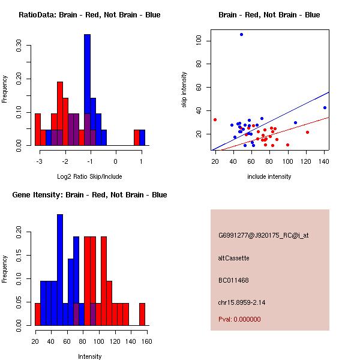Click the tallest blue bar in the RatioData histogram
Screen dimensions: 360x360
click(x=87, y=90)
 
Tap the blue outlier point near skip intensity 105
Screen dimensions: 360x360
click(x=241, y=35)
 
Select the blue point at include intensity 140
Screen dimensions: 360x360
click(x=325, y=107)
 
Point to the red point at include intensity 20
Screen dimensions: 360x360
click(x=215, y=119)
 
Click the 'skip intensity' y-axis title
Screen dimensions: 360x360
click(x=184, y=90)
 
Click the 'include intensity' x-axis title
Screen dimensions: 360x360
click(x=269, y=176)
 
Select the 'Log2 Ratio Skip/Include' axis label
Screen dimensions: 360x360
click(x=89, y=176)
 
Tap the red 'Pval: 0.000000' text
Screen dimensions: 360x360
click(x=239, y=319)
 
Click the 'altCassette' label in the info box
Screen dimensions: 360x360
click(x=233, y=258)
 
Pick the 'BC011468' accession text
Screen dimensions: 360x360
click(x=233, y=280)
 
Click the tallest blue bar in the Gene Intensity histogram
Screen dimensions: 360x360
click(x=60, y=270)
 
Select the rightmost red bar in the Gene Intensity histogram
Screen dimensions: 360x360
click(x=142, y=314)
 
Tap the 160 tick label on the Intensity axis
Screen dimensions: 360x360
click(x=146, y=342)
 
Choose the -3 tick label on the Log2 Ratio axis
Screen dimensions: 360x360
click(x=38, y=162)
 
